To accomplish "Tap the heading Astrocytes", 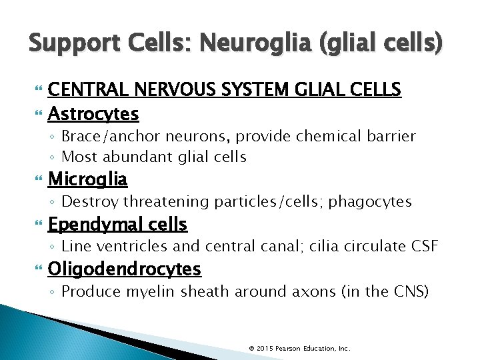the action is tap(93, 114).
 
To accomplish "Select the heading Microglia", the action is tap(88, 179).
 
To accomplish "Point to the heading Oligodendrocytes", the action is tap(125, 269).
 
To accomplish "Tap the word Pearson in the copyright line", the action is tap(289, 348).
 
